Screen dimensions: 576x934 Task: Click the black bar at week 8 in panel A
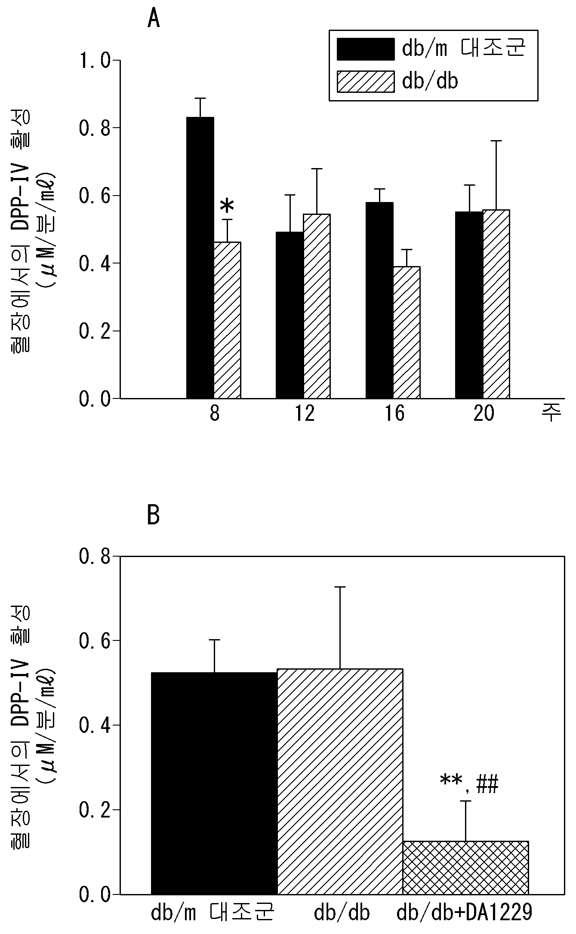[x=200, y=258]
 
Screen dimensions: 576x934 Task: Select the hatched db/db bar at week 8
[x=227, y=320]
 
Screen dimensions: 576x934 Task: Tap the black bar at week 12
[x=290, y=315]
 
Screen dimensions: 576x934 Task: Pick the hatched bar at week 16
[x=407, y=333]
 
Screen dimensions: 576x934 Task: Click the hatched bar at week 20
[x=496, y=304]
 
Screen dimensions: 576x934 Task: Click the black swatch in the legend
[x=366, y=49]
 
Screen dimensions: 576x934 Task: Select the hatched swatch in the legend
[x=366, y=81]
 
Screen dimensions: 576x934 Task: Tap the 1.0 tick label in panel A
[x=94, y=61]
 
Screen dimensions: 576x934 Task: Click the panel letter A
[x=154, y=19]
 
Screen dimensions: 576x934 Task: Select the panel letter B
[x=154, y=515]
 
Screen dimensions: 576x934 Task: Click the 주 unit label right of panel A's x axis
[x=552, y=414]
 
